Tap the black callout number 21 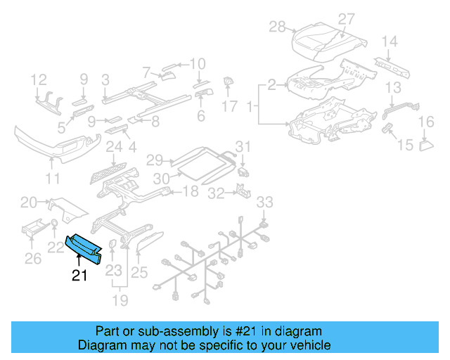point(79,276)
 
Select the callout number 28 point(277,27)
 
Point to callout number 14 point(390,41)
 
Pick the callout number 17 point(230,107)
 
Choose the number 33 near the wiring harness point(263,202)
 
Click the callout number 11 point(52,179)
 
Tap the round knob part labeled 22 point(55,225)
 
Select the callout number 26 point(32,259)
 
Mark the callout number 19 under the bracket point(121,301)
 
